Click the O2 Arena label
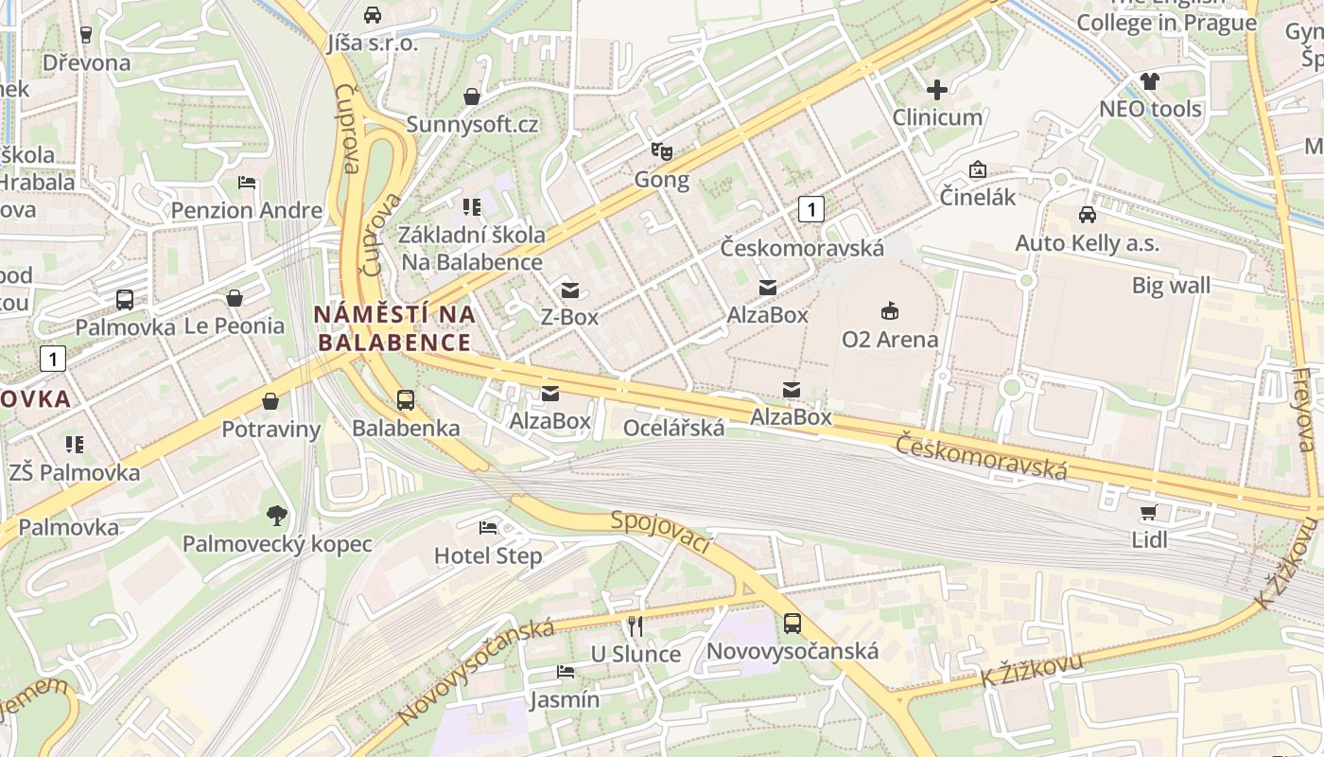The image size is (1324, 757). (x=890, y=339)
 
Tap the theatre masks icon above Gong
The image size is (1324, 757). (x=661, y=150)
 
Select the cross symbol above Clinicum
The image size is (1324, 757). (x=937, y=90)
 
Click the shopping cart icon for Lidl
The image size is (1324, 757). (x=1149, y=513)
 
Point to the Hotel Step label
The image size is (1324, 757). (x=488, y=555)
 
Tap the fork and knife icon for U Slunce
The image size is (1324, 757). (x=636, y=625)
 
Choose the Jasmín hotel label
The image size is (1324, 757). (x=564, y=699)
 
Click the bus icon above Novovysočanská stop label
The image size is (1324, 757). (x=793, y=624)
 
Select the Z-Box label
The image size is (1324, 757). (x=569, y=316)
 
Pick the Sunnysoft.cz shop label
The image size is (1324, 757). (x=472, y=124)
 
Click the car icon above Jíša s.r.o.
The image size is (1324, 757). (x=373, y=15)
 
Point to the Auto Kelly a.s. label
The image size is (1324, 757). (x=1087, y=243)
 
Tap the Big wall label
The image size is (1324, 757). (x=1171, y=285)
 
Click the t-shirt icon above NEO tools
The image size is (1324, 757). (x=1149, y=81)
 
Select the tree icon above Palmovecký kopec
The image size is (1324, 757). (x=276, y=516)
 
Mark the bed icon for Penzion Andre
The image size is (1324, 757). (x=247, y=182)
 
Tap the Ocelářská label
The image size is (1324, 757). (x=673, y=428)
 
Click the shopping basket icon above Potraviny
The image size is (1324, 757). (x=270, y=401)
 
